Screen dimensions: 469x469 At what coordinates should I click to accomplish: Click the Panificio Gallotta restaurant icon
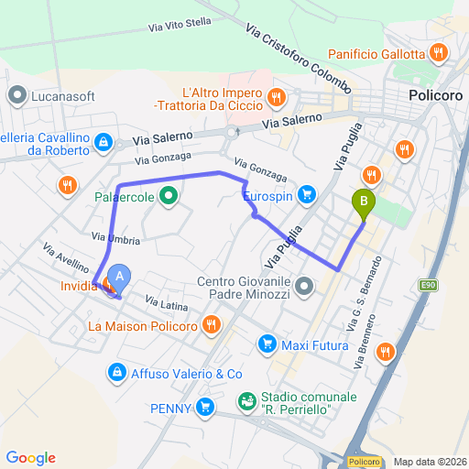(x=440, y=53)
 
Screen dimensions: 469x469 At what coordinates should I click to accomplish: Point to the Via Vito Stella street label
(x=180, y=26)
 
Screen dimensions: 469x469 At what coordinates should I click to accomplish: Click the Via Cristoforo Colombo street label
(x=298, y=58)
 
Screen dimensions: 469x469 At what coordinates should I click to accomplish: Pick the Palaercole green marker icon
(x=169, y=194)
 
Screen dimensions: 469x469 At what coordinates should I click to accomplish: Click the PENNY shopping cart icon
(x=206, y=408)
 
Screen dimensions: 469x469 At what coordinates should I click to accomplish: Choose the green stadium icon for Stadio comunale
(x=246, y=400)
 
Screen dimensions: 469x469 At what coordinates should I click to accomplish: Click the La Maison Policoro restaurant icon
(x=212, y=324)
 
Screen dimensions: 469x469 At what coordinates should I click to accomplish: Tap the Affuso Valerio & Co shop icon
(x=117, y=372)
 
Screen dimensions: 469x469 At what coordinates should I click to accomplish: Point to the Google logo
(x=31, y=457)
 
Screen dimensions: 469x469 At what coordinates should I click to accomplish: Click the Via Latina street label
(x=166, y=304)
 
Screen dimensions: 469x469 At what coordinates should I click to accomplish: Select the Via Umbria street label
(x=115, y=237)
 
